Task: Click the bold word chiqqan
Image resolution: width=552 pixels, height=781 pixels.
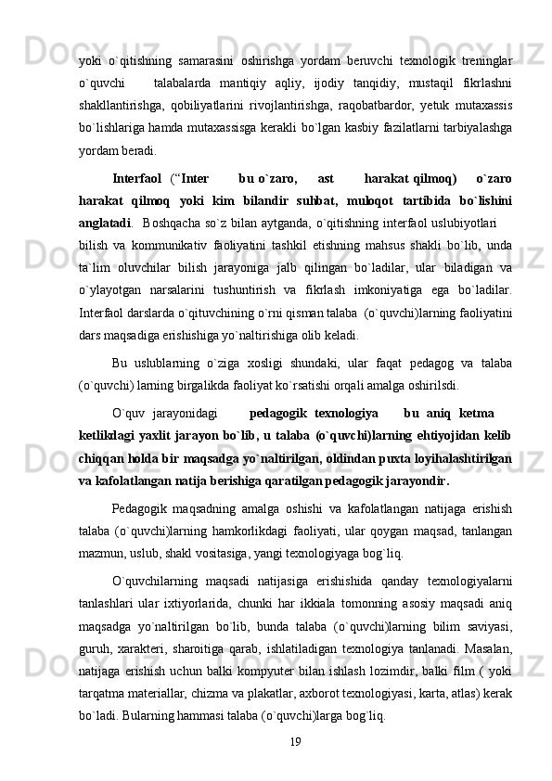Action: [103, 458]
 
